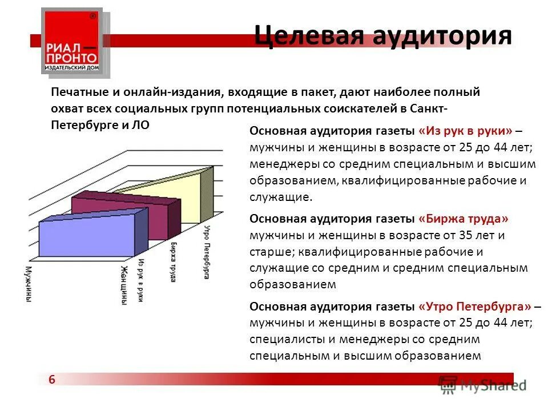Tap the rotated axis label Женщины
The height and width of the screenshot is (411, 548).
[x=123, y=285]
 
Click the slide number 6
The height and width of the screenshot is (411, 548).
[x=53, y=380]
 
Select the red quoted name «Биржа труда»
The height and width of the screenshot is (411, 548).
[x=463, y=219]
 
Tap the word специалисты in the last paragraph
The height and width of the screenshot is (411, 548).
[x=282, y=339]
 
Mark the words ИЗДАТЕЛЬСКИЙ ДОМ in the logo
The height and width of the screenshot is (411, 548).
[x=71, y=68]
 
